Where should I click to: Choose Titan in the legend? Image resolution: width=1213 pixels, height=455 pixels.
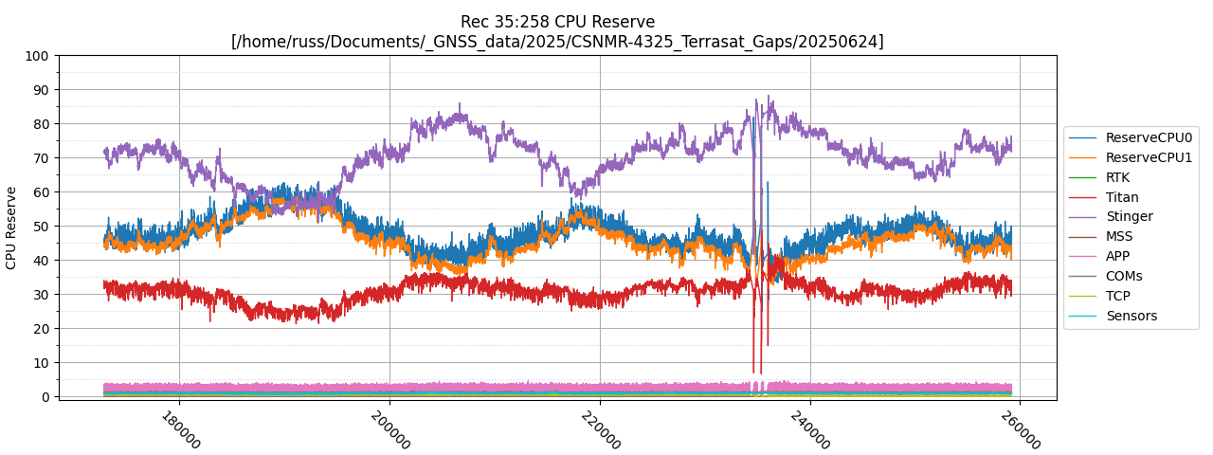[1122, 197]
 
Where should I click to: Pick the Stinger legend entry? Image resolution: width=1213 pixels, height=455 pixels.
[1129, 216]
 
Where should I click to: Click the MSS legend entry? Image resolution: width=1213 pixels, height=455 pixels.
[1119, 236]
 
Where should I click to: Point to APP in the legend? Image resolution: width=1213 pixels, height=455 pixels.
[1117, 256]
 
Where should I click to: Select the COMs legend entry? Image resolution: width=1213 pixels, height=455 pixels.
[1124, 276]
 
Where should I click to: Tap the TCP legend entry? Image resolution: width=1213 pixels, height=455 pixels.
[1117, 296]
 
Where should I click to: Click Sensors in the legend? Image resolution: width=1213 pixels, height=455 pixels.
[1131, 316]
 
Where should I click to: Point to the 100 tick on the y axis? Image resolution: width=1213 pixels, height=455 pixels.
[37, 56]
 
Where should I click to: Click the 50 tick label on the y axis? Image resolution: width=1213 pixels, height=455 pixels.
[41, 227]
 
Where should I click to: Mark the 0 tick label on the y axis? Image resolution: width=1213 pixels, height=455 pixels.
[45, 397]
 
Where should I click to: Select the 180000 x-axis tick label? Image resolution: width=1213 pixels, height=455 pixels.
[180, 429]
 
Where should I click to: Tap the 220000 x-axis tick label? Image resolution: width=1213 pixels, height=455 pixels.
[600, 429]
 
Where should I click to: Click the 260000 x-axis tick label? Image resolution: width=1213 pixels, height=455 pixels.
[1020, 429]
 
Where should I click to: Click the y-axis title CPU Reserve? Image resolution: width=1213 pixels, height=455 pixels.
[11, 227]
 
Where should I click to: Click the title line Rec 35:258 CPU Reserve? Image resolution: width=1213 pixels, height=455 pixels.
[557, 22]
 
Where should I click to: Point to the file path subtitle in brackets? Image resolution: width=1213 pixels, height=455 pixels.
[557, 42]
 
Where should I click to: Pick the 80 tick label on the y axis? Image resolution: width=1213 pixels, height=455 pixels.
[41, 124]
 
